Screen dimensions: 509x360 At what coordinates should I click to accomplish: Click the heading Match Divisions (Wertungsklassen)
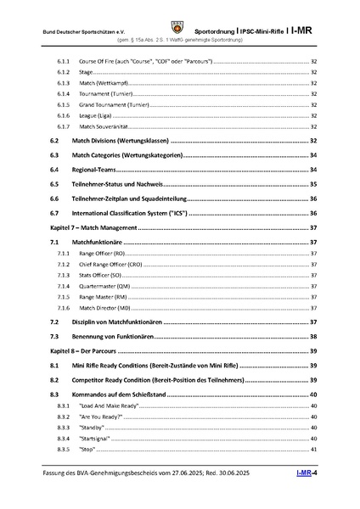tap(121, 140)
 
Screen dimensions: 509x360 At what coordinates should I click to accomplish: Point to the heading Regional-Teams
tap(97, 170)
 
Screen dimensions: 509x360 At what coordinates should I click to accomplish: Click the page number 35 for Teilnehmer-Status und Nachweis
tap(313, 184)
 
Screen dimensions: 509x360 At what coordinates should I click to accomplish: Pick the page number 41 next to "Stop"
tap(314, 449)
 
